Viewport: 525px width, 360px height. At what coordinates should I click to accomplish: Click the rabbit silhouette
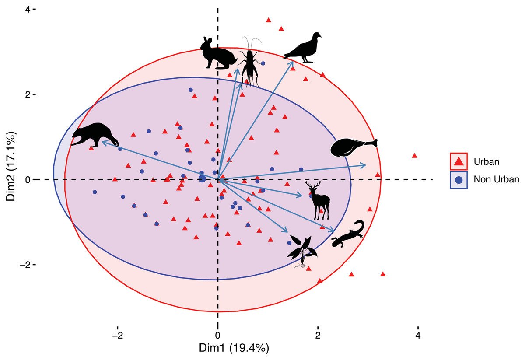tap(218, 54)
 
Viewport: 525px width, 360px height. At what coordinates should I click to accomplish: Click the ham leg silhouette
tap(353, 147)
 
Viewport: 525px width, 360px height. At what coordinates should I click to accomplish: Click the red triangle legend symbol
tap(459, 161)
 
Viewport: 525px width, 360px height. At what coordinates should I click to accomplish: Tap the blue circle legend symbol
tap(459, 179)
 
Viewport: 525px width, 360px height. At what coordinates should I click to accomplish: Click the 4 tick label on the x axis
tap(418, 336)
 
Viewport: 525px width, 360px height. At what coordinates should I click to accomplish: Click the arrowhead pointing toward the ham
tap(364, 164)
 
